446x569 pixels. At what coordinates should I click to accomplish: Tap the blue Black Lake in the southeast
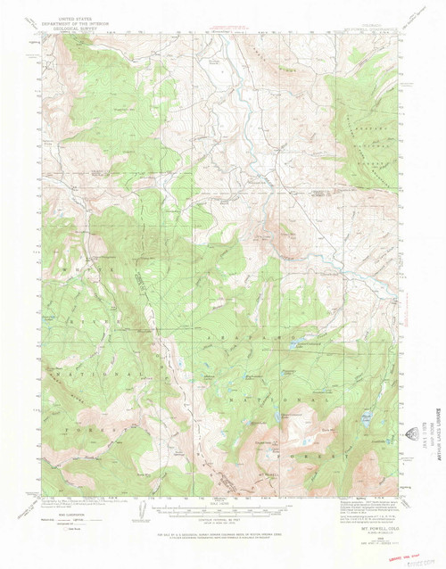click(x=366, y=416)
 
